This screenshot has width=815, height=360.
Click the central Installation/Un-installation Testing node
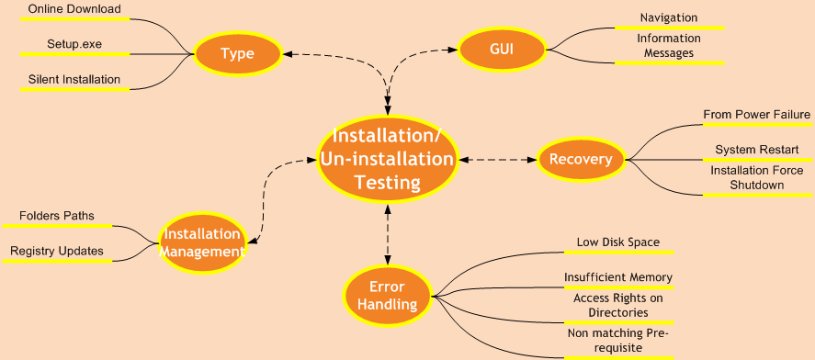(387, 159)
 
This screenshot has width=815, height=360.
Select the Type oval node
(237, 54)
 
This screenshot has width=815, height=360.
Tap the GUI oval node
(501, 49)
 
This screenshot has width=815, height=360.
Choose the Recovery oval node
(580, 160)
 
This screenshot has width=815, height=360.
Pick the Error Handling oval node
(387, 296)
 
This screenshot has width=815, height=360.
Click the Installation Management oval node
(202, 243)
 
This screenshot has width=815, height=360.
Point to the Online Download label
(74, 10)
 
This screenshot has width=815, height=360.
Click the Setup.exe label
(74, 44)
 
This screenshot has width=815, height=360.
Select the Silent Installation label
(74, 79)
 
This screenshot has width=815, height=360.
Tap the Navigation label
(668, 17)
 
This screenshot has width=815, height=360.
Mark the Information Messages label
(668, 46)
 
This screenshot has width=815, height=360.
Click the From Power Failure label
(756, 115)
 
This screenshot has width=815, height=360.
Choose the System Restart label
(756, 150)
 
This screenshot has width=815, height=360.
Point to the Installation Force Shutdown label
(756, 177)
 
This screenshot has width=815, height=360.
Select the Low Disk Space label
(617, 242)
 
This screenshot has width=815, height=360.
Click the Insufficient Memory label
(617, 277)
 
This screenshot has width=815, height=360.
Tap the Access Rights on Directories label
(617, 305)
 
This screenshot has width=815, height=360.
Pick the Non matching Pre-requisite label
(617, 341)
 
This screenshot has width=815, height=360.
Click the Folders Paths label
(56, 217)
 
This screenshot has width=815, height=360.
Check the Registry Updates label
(56, 251)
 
